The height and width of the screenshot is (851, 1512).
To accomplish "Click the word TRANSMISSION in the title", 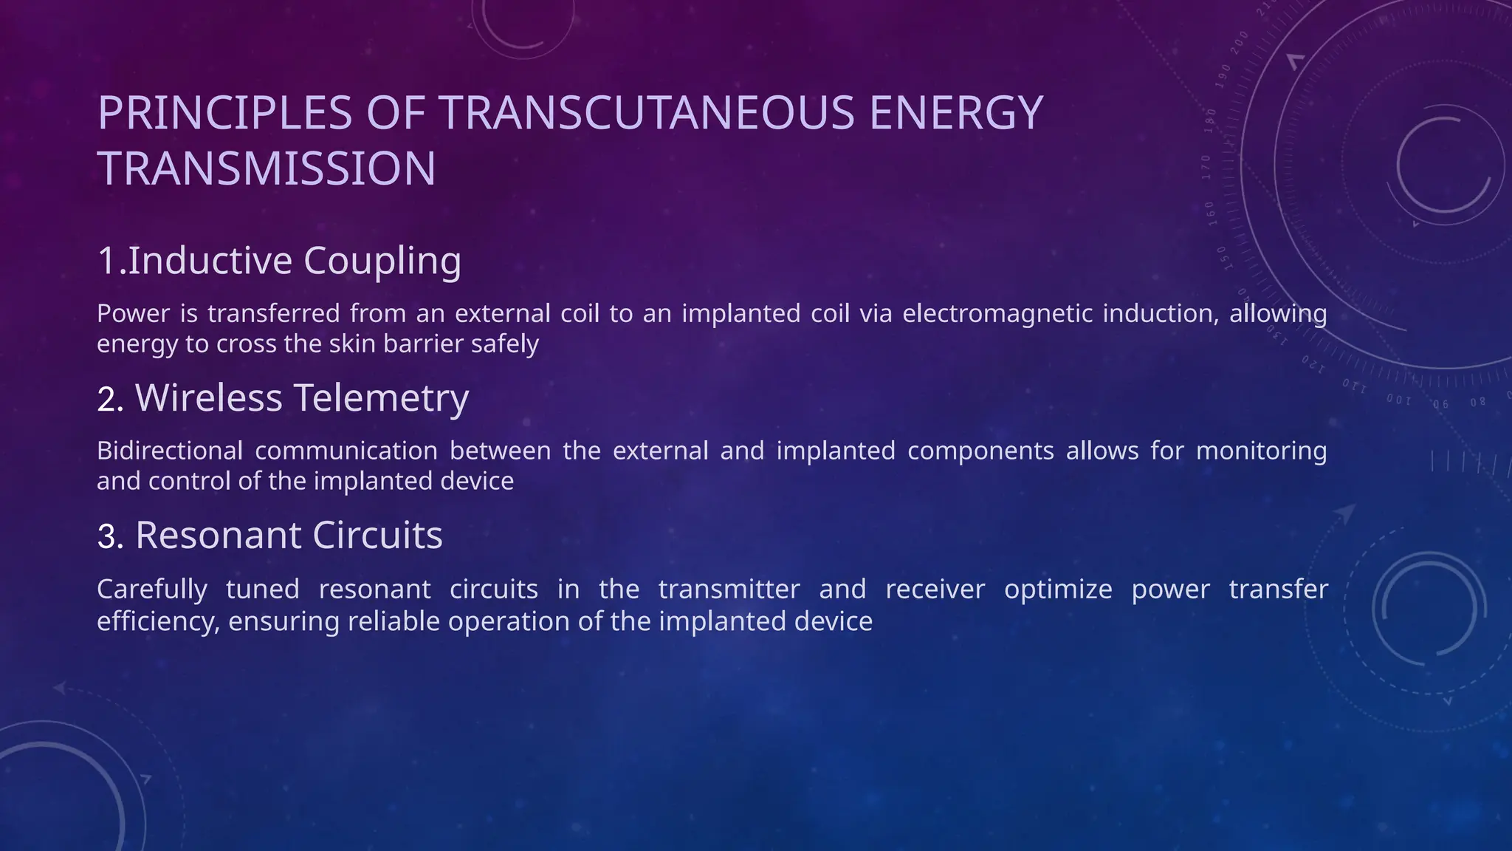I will pos(267,168).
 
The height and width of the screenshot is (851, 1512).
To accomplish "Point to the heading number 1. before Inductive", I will pos(111,261).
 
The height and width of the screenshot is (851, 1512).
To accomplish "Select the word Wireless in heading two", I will pos(208,398).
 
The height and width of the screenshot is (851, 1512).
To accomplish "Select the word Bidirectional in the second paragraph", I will pos(170,451).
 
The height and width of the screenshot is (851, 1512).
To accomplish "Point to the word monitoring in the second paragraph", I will pos(1261,451).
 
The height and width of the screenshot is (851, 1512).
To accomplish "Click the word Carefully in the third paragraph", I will pos(152,589).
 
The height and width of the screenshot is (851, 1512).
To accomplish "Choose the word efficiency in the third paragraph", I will pos(158,621).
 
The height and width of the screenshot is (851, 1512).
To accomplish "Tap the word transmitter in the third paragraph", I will pos(729,589).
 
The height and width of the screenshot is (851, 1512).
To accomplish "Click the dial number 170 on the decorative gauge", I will pos(1206,168).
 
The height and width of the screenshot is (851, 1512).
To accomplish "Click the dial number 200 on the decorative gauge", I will pos(1240,42).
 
